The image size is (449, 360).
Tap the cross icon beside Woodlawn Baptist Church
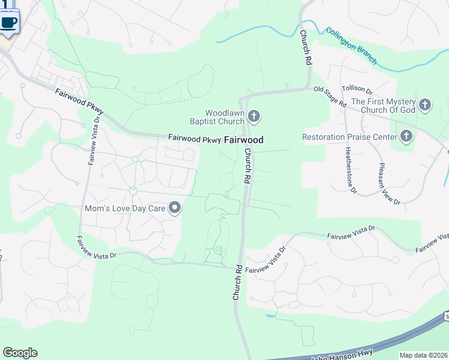pos(254,116)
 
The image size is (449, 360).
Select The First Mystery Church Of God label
pos(383,106)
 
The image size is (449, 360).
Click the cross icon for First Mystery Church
pos(425,106)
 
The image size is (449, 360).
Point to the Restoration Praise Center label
pos(350,137)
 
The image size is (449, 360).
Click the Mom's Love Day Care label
pos(125,209)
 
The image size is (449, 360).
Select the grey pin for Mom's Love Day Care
pos(175,208)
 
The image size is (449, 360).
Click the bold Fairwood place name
pos(244,140)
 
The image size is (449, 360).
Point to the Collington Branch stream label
pos(351,45)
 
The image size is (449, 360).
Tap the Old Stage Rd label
pos(331,96)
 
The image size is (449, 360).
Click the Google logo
pos(20,353)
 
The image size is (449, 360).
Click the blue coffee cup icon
pos(9,22)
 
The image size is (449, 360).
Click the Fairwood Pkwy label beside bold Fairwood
pos(194,139)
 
